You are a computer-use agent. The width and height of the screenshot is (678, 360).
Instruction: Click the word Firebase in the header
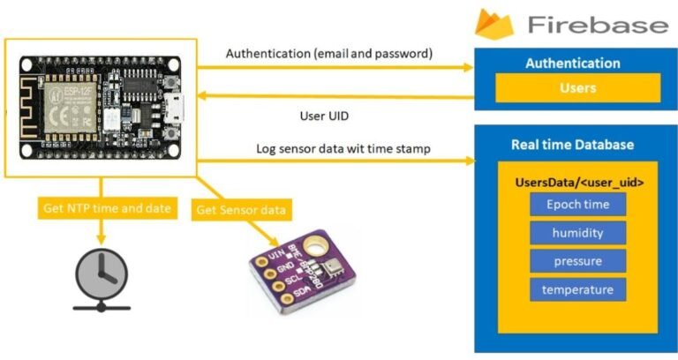598,24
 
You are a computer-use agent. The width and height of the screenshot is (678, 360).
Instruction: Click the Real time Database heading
572,145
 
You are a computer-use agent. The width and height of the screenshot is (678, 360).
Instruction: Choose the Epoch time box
577,205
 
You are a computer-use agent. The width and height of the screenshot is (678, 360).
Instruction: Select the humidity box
577,233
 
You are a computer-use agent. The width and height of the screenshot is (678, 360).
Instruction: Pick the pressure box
577,261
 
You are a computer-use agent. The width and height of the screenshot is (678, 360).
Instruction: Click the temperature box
577,289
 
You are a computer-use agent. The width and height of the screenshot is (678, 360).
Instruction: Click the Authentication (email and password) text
329,53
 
